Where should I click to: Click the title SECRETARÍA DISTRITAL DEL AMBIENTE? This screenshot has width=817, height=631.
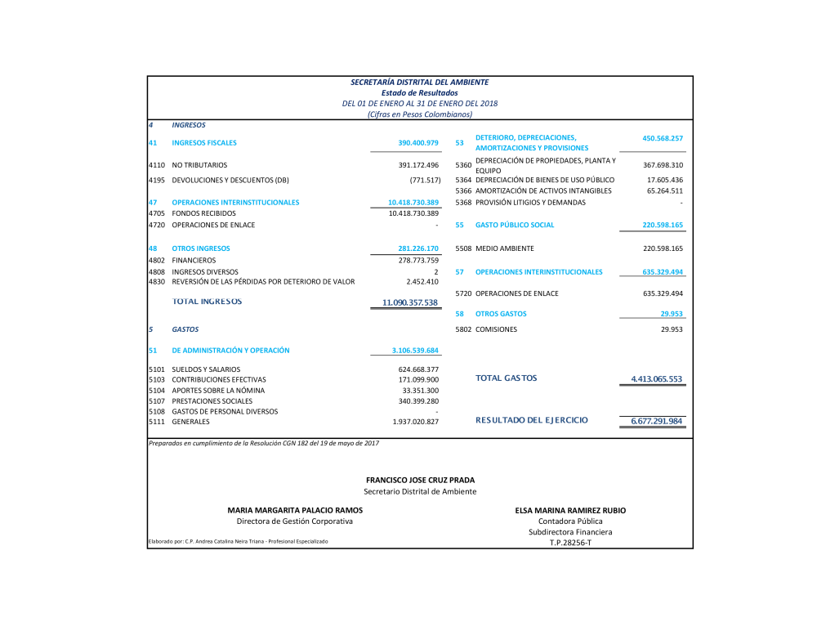[x=419, y=82]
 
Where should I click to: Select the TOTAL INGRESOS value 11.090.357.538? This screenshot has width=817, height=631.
[x=410, y=303]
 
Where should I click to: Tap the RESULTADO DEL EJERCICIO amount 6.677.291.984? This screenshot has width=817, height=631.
[x=657, y=421]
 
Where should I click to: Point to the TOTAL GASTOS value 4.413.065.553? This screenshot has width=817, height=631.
[x=656, y=379]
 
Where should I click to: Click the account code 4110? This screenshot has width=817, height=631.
[x=158, y=165]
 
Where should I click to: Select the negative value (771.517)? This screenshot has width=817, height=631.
[x=425, y=180]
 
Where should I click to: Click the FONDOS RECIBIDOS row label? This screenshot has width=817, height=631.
[x=203, y=213]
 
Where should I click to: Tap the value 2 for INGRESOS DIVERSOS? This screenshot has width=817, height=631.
[x=436, y=271]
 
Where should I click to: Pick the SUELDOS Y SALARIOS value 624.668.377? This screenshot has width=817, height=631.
[x=418, y=369]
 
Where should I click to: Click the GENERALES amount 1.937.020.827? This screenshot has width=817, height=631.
[x=416, y=422]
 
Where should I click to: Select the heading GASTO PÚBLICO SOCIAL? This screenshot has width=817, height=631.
[x=515, y=225]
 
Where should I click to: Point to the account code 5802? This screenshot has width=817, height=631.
[x=463, y=329]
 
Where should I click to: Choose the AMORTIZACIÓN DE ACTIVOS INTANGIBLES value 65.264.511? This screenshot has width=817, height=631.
[x=664, y=190]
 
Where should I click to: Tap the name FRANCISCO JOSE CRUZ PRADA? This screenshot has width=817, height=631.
[x=420, y=480]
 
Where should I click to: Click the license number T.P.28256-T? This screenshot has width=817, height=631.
[x=570, y=542]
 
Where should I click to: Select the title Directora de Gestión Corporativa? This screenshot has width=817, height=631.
[x=295, y=521]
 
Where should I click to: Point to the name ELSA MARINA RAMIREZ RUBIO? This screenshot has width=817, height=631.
[x=570, y=510]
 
